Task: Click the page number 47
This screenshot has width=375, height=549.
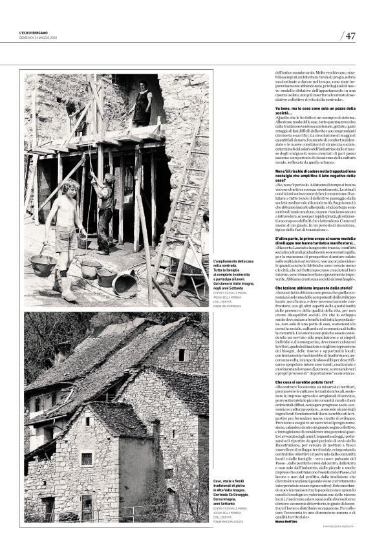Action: (350, 36)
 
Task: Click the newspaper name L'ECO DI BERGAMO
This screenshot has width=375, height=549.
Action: (34, 34)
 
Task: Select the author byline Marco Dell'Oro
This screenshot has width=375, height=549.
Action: (289, 521)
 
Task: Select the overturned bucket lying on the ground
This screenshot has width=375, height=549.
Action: (125, 283)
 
